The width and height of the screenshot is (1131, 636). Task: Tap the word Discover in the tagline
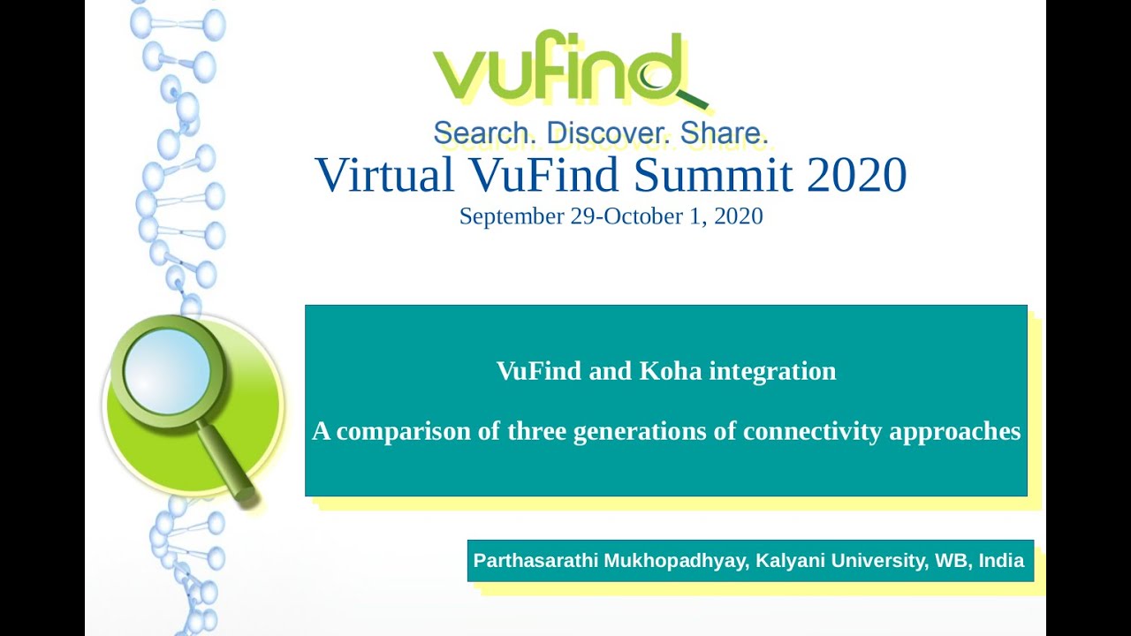coord(610,133)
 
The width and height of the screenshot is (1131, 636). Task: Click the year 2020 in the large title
coord(856,174)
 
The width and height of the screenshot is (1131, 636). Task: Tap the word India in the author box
coord(1001,561)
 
